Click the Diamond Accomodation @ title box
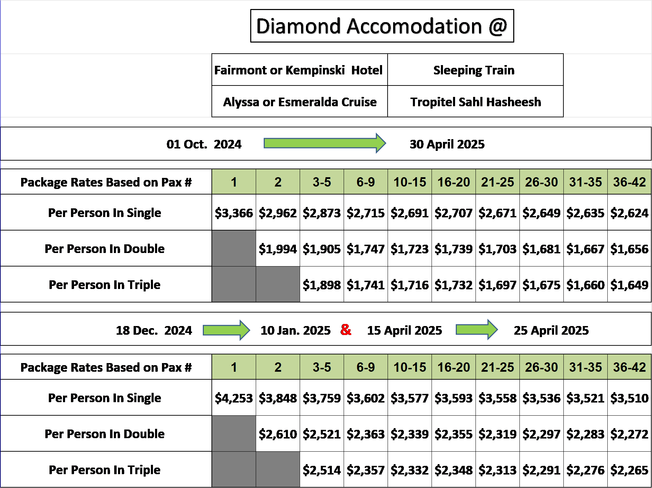(x=382, y=26)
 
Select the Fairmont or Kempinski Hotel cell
(x=300, y=70)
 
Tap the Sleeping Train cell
(x=476, y=70)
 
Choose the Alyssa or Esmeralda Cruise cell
(x=300, y=101)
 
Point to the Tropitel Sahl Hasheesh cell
(x=476, y=101)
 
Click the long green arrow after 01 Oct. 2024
(x=325, y=143)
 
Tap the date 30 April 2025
(x=447, y=144)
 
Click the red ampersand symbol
(x=346, y=329)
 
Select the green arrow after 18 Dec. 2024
(x=226, y=330)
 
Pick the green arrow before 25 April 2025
(x=477, y=329)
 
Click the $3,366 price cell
(x=234, y=213)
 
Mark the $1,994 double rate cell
(x=278, y=248)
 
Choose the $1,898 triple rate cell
(x=322, y=284)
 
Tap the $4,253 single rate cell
(x=234, y=398)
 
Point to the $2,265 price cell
(x=630, y=470)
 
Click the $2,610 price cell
(x=278, y=434)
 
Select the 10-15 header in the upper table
(x=410, y=182)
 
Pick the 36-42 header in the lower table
(x=630, y=367)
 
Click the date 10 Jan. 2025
(x=296, y=330)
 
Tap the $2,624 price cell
(x=630, y=213)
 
